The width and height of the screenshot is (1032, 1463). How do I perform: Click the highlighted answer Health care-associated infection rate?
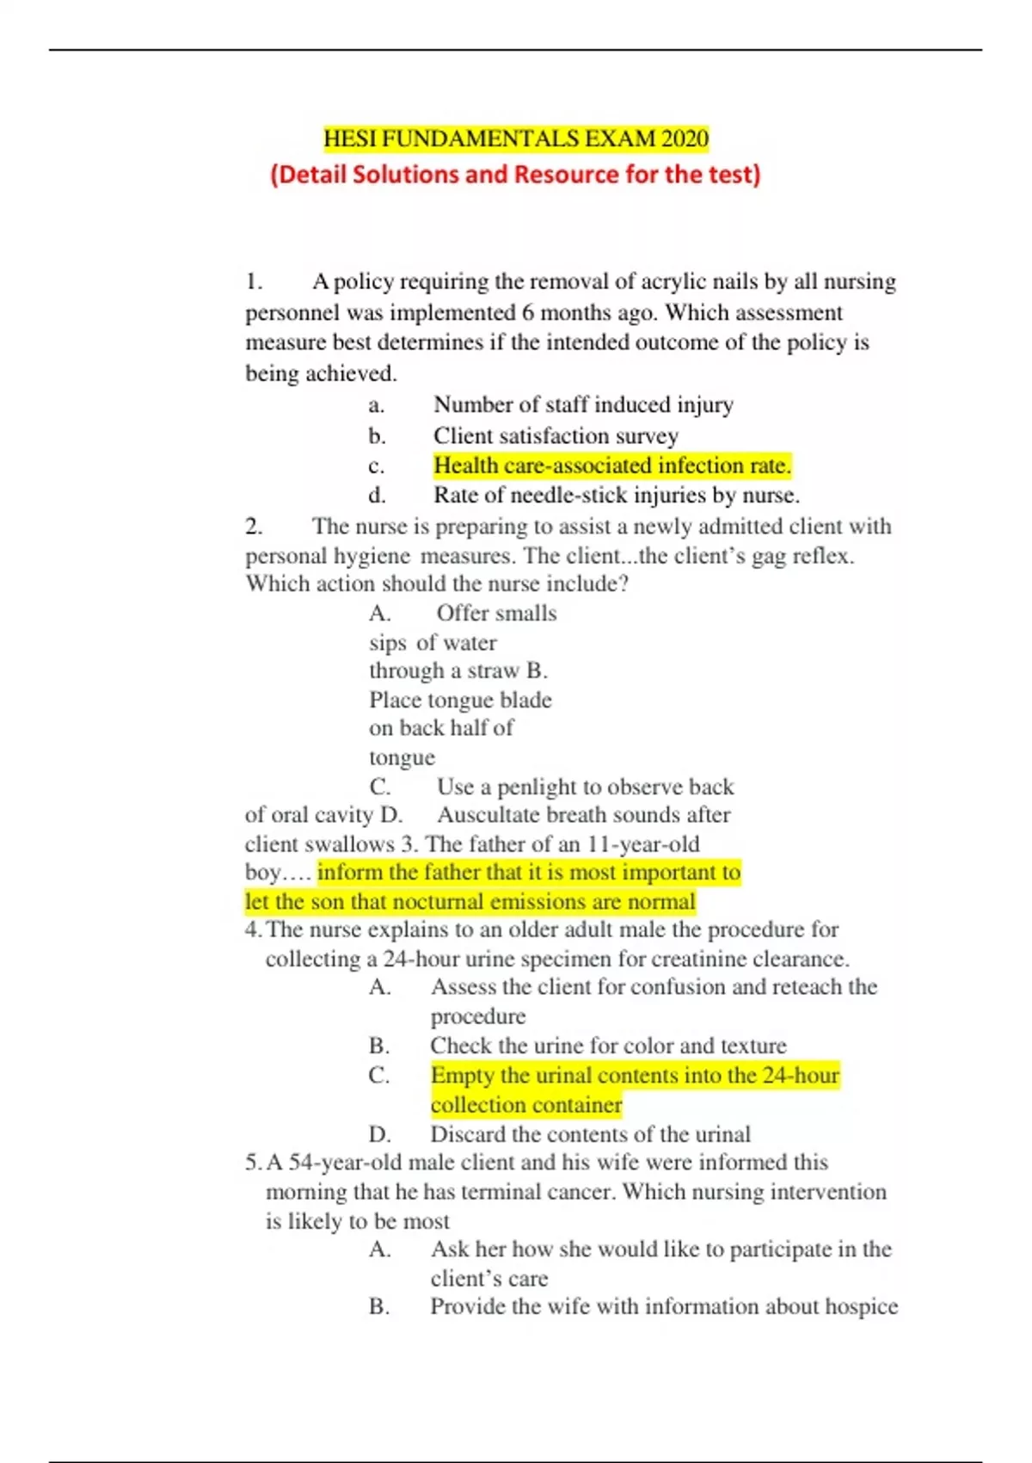tap(611, 466)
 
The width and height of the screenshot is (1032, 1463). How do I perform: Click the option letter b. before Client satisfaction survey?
tap(377, 435)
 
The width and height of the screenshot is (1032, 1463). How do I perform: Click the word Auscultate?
tap(488, 815)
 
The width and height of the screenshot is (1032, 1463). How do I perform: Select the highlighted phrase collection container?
tap(525, 1105)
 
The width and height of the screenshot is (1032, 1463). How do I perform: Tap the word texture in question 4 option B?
tap(752, 1046)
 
